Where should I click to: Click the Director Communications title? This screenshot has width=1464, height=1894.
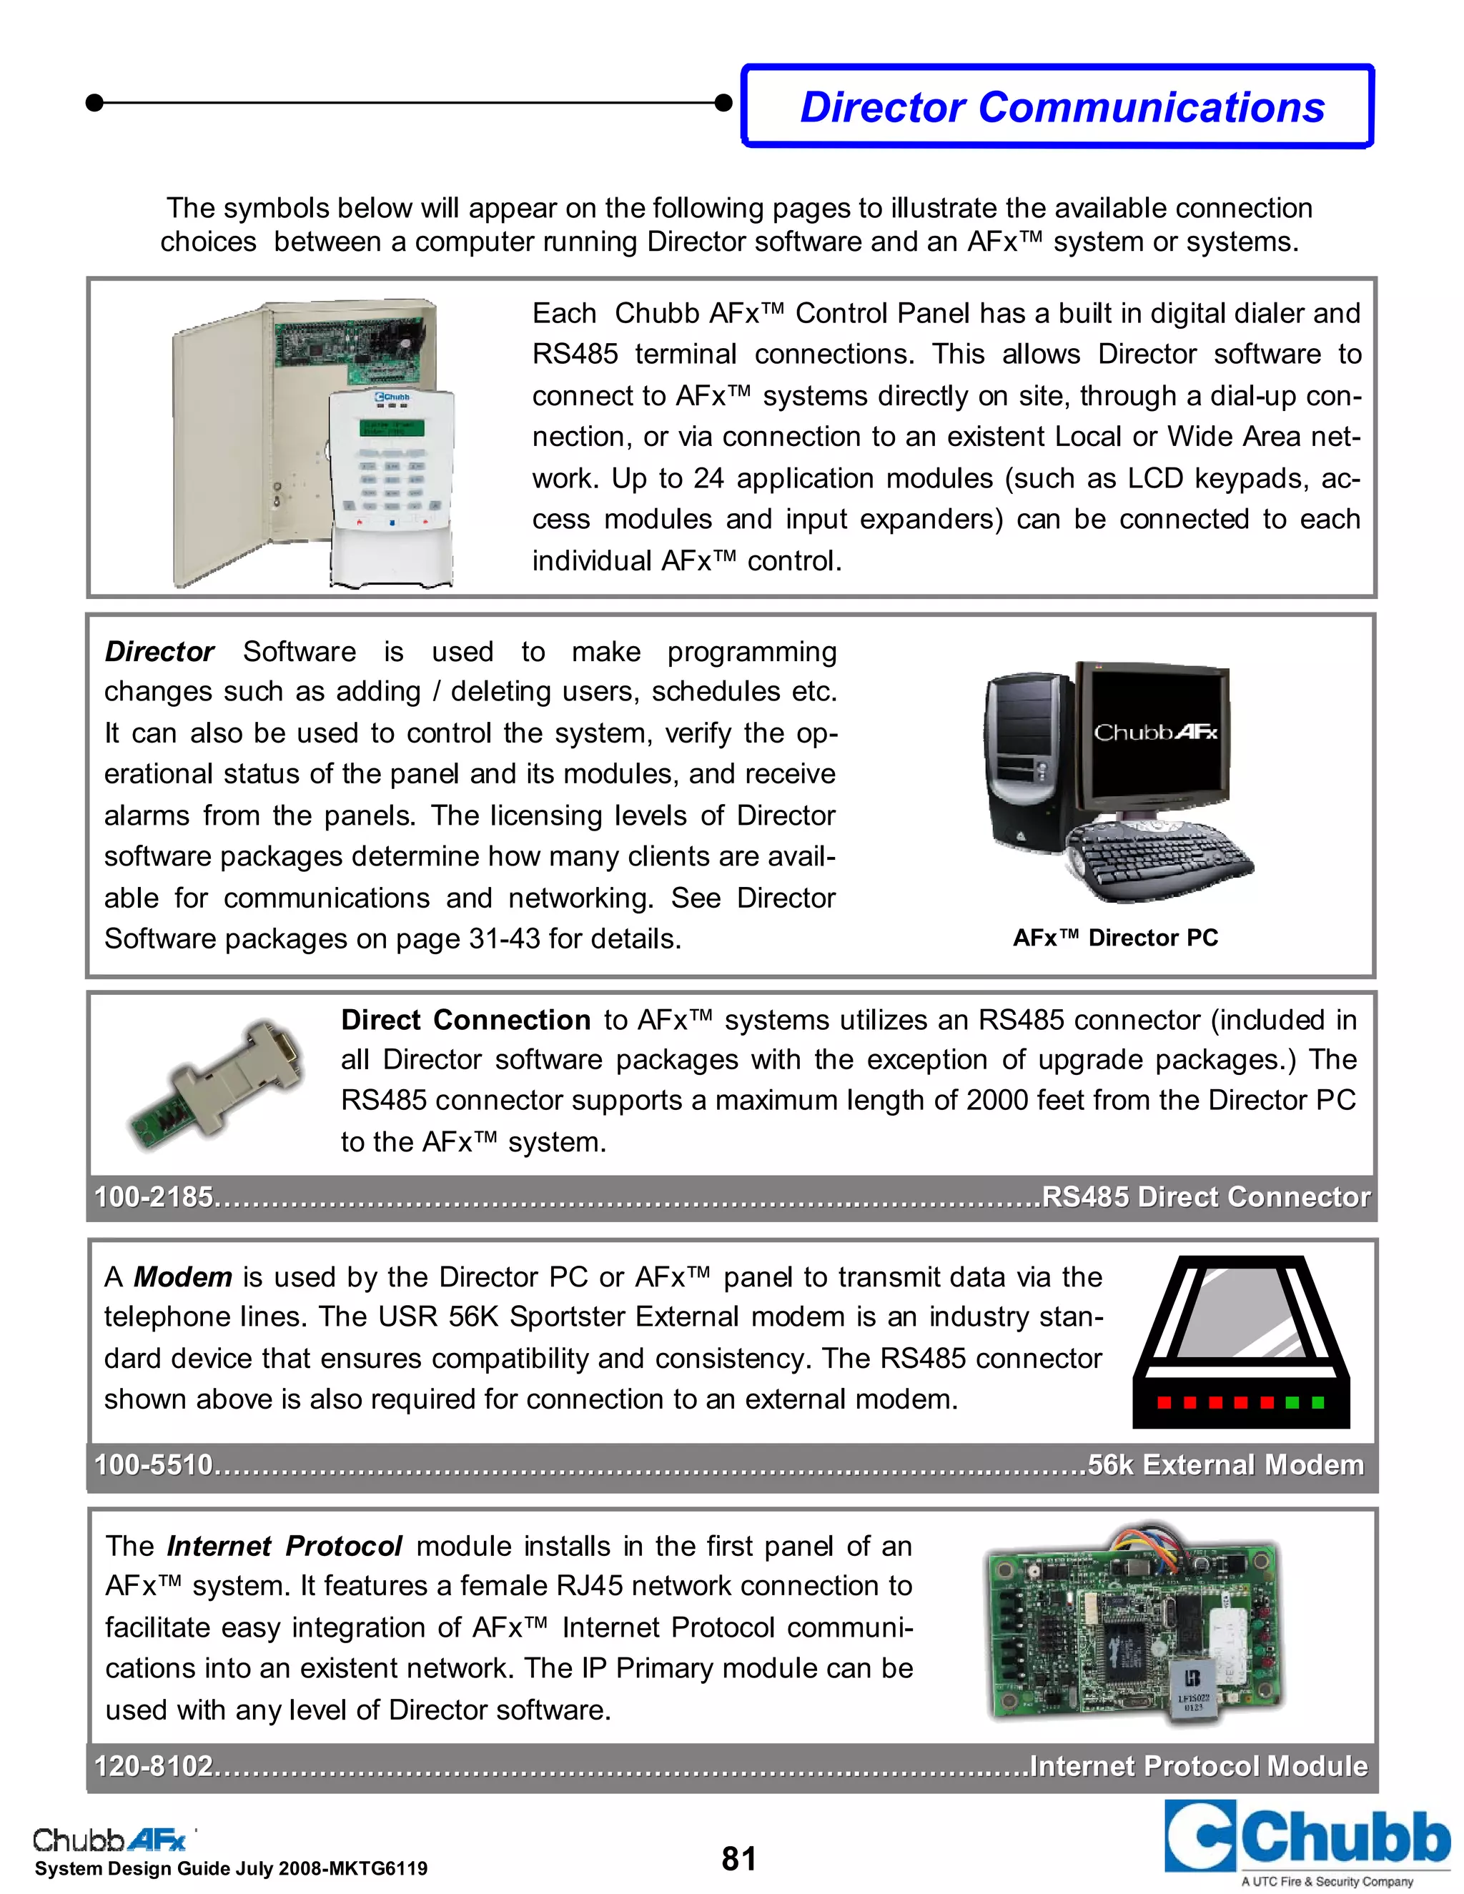point(1061,107)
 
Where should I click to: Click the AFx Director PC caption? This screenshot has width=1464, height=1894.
point(1115,938)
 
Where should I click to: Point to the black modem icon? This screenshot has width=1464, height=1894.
point(1240,1342)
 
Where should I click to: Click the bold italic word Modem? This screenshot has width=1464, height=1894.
point(182,1276)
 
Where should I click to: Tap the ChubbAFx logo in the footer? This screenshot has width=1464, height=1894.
point(110,1840)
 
